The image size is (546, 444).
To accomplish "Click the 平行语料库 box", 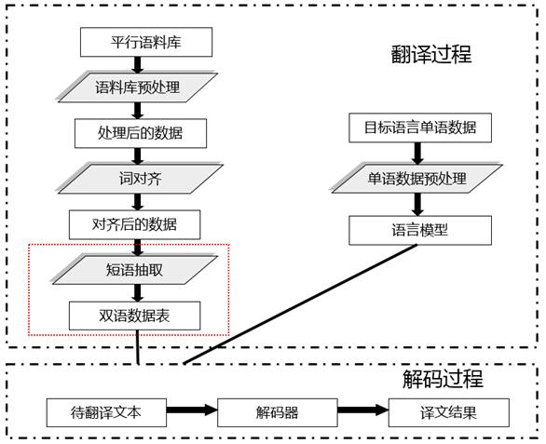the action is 146,42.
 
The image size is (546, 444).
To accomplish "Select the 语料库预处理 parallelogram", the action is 138,87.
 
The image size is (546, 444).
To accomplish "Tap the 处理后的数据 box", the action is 141,133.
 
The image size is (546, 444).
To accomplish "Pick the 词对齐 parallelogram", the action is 139,179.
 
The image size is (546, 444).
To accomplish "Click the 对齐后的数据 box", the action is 135,224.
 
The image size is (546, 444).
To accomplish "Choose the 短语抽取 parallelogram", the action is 135,270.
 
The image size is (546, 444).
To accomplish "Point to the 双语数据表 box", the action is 135,316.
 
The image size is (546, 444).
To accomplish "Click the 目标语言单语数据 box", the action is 420,128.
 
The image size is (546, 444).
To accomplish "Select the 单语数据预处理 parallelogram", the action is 416,179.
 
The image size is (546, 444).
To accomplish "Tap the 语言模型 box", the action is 420,230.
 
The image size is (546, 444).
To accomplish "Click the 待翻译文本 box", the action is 106,412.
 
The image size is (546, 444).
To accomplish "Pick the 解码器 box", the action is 278,412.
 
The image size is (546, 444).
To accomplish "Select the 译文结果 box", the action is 449,412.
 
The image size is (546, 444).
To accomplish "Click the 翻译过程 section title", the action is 431,55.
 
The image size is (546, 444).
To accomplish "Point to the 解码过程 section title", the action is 443,379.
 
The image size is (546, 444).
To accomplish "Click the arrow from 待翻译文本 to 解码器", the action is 192,410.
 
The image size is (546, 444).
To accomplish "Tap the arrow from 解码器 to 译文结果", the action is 362,410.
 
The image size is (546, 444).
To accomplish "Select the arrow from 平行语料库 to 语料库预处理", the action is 138,65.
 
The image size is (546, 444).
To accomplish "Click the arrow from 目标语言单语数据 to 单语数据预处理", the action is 417,154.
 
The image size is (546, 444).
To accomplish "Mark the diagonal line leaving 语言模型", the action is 300,304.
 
